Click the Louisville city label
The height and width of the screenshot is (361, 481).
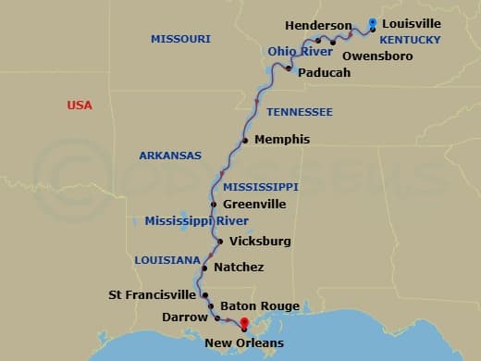tap(412, 23)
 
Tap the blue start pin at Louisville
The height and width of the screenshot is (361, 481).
tap(372, 24)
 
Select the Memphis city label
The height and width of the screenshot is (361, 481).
tap(281, 140)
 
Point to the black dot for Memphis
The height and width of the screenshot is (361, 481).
tap(245, 141)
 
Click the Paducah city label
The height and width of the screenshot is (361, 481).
tap(325, 72)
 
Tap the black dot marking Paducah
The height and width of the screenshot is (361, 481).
tap(289, 68)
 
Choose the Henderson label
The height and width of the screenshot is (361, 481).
tap(318, 25)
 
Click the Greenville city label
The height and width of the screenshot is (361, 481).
tap(254, 204)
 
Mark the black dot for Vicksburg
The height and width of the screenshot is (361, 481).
tap(219, 242)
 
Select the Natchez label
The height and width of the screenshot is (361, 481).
tap(239, 268)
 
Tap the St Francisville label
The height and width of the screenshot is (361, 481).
tap(152, 295)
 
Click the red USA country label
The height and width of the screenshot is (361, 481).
tap(80, 106)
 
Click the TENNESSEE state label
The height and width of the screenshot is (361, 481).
tap(299, 112)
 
